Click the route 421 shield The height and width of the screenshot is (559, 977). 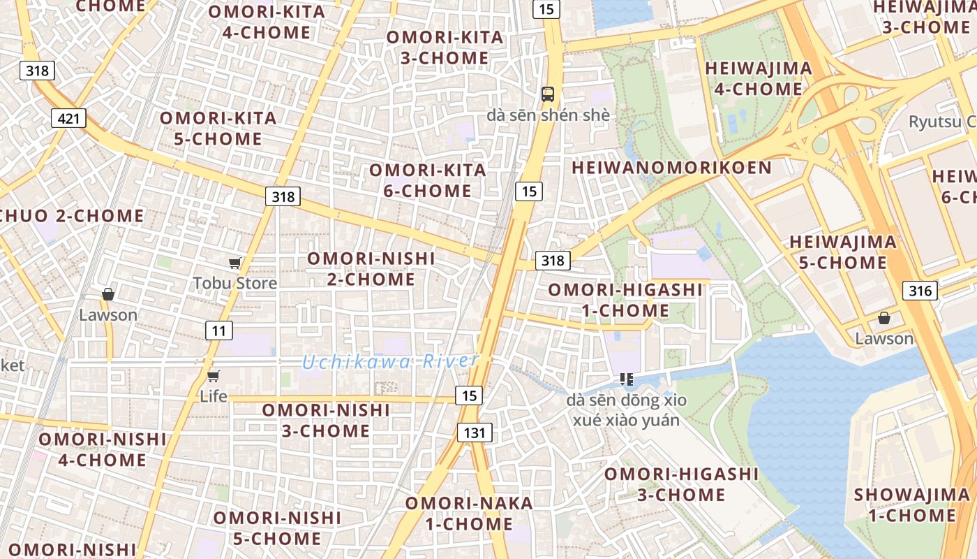[68, 118]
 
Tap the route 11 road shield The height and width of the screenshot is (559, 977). [219, 331]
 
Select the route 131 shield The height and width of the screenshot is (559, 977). [475, 433]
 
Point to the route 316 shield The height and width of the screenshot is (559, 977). [920, 291]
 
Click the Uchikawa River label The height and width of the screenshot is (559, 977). [391, 361]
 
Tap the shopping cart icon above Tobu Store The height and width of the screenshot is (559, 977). [235, 263]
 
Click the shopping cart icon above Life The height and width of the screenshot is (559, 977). [214, 377]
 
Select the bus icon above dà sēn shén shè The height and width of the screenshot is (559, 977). [548, 94]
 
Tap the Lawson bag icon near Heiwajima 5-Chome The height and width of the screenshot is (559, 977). [884, 319]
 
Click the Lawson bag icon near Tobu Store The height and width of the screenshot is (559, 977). [108, 294]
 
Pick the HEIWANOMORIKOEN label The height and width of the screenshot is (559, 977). [672, 168]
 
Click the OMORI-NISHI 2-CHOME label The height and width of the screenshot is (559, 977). [371, 269]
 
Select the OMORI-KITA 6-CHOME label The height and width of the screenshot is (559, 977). [427, 180]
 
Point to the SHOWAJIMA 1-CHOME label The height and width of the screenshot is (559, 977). [911, 505]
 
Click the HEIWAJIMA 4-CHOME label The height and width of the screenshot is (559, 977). [759, 79]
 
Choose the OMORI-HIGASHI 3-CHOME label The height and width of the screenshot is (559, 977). [681, 484]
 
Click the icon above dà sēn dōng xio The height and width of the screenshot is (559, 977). [627, 379]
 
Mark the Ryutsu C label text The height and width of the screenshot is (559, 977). [941, 122]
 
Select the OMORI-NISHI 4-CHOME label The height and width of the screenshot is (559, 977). [102, 450]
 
